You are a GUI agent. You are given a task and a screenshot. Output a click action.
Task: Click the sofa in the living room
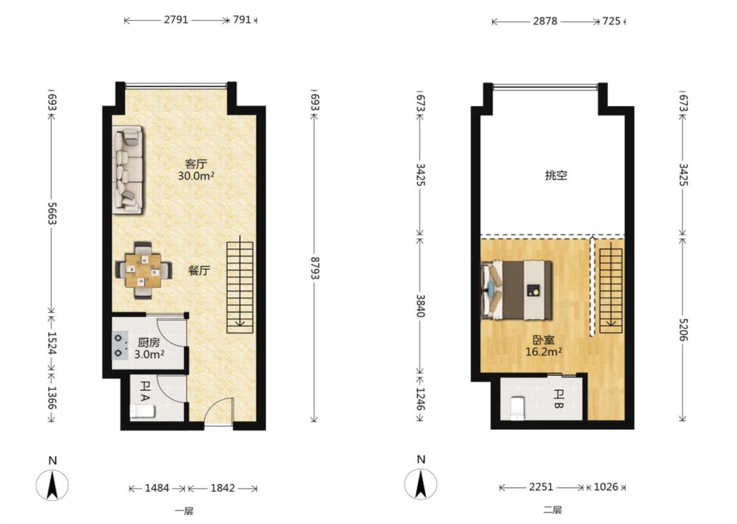[127, 170]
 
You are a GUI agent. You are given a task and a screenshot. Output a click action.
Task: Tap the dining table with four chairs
[143, 271]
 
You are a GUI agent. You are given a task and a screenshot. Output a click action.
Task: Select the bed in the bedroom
[517, 290]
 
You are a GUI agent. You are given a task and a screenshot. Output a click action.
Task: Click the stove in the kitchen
[120, 345]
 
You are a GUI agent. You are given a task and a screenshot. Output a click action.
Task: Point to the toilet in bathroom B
[517, 407]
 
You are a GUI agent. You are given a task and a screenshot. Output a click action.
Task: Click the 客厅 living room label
[196, 164]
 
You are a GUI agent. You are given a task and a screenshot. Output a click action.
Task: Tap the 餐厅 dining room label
[198, 271]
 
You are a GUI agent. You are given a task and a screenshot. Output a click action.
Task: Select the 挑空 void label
[556, 176]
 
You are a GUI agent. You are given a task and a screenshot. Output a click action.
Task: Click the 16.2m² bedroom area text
[544, 352]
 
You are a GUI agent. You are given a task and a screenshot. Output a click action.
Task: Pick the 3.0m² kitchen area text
[149, 354]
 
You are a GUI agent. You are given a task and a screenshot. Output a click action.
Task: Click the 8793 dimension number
[314, 268]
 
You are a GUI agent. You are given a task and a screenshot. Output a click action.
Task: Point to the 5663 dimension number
[52, 214]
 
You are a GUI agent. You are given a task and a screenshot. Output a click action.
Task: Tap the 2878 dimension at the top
[545, 21]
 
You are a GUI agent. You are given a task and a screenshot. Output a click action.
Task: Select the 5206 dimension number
[683, 329]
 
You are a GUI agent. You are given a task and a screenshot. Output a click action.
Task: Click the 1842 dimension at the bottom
[222, 488]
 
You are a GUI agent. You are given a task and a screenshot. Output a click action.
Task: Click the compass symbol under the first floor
[52, 484]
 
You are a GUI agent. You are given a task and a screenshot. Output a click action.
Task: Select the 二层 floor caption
[552, 510]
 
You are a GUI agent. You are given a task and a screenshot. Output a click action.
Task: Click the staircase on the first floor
[240, 287]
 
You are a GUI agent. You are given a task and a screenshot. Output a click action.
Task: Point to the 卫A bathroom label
[145, 391]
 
